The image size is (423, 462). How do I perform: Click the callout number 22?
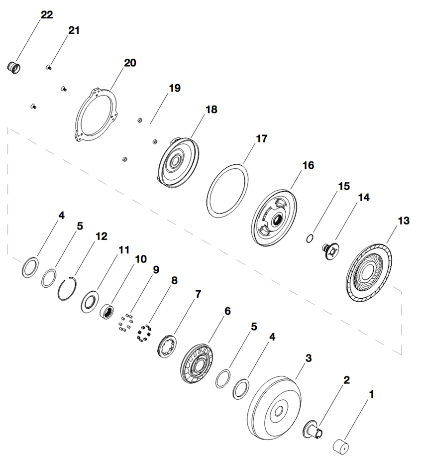coord(47,15)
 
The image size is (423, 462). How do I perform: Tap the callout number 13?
coord(403,221)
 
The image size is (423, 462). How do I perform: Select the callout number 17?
coord(262,139)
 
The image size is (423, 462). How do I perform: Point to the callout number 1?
coord(370,395)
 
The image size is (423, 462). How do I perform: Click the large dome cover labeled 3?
coord(275,408)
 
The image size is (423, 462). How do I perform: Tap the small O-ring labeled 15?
coord(310,238)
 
